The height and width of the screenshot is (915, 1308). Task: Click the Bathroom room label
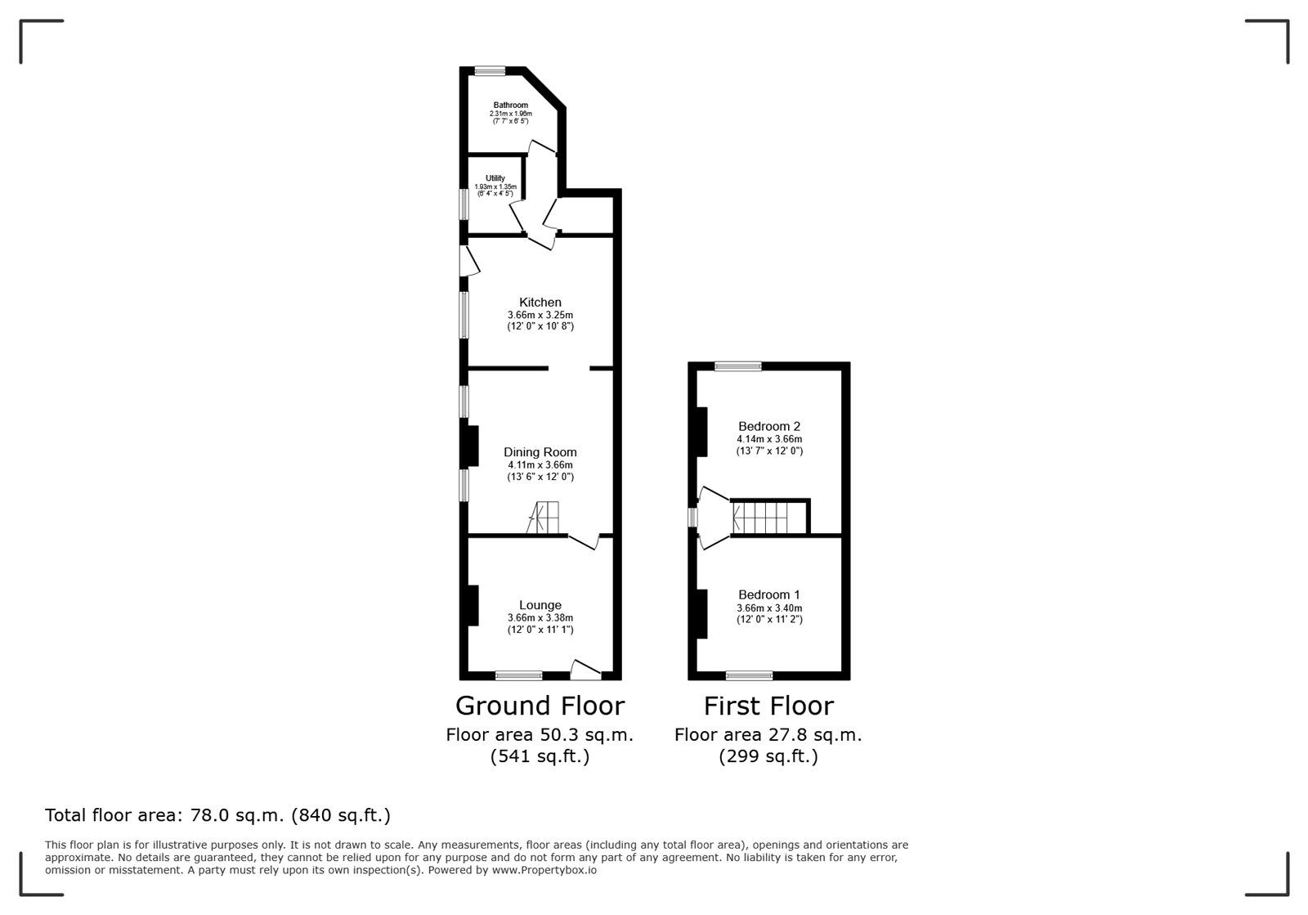click(x=510, y=105)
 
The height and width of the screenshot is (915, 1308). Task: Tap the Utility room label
click(x=495, y=178)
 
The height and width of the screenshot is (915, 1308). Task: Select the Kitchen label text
click(x=540, y=302)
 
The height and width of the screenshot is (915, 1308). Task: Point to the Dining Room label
click(x=540, y=452)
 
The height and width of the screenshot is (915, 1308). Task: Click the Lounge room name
click(x=540, y=605)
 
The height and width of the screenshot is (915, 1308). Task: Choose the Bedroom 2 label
click(x=769, y=426)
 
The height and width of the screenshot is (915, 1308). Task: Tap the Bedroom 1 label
click(x=769, y=594)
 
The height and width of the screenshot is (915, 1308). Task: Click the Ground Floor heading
click(x=540, y=706)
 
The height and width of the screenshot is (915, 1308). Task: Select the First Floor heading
click(x=768, y=706)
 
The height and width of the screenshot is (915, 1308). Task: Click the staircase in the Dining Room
click(x=543, y=518)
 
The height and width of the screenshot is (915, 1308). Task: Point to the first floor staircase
click(x=760, y=518)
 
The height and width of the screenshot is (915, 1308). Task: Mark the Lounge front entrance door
click(x=585, y=670)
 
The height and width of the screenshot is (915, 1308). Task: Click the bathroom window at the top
click(x=490, y=71)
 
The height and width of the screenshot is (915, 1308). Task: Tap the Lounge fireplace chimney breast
click(x=473, y=606)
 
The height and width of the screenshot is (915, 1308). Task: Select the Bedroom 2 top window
click(x=738, y=366)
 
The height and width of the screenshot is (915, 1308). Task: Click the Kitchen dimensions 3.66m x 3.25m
click(x=540, y=316)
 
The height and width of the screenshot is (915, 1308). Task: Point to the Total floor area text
click(x=217, y=815)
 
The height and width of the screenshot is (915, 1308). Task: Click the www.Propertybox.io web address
click(x=544, y=870)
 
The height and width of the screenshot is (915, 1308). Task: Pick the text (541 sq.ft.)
click(x=540, y=756)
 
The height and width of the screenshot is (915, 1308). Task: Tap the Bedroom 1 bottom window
click(x=749, y=675)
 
